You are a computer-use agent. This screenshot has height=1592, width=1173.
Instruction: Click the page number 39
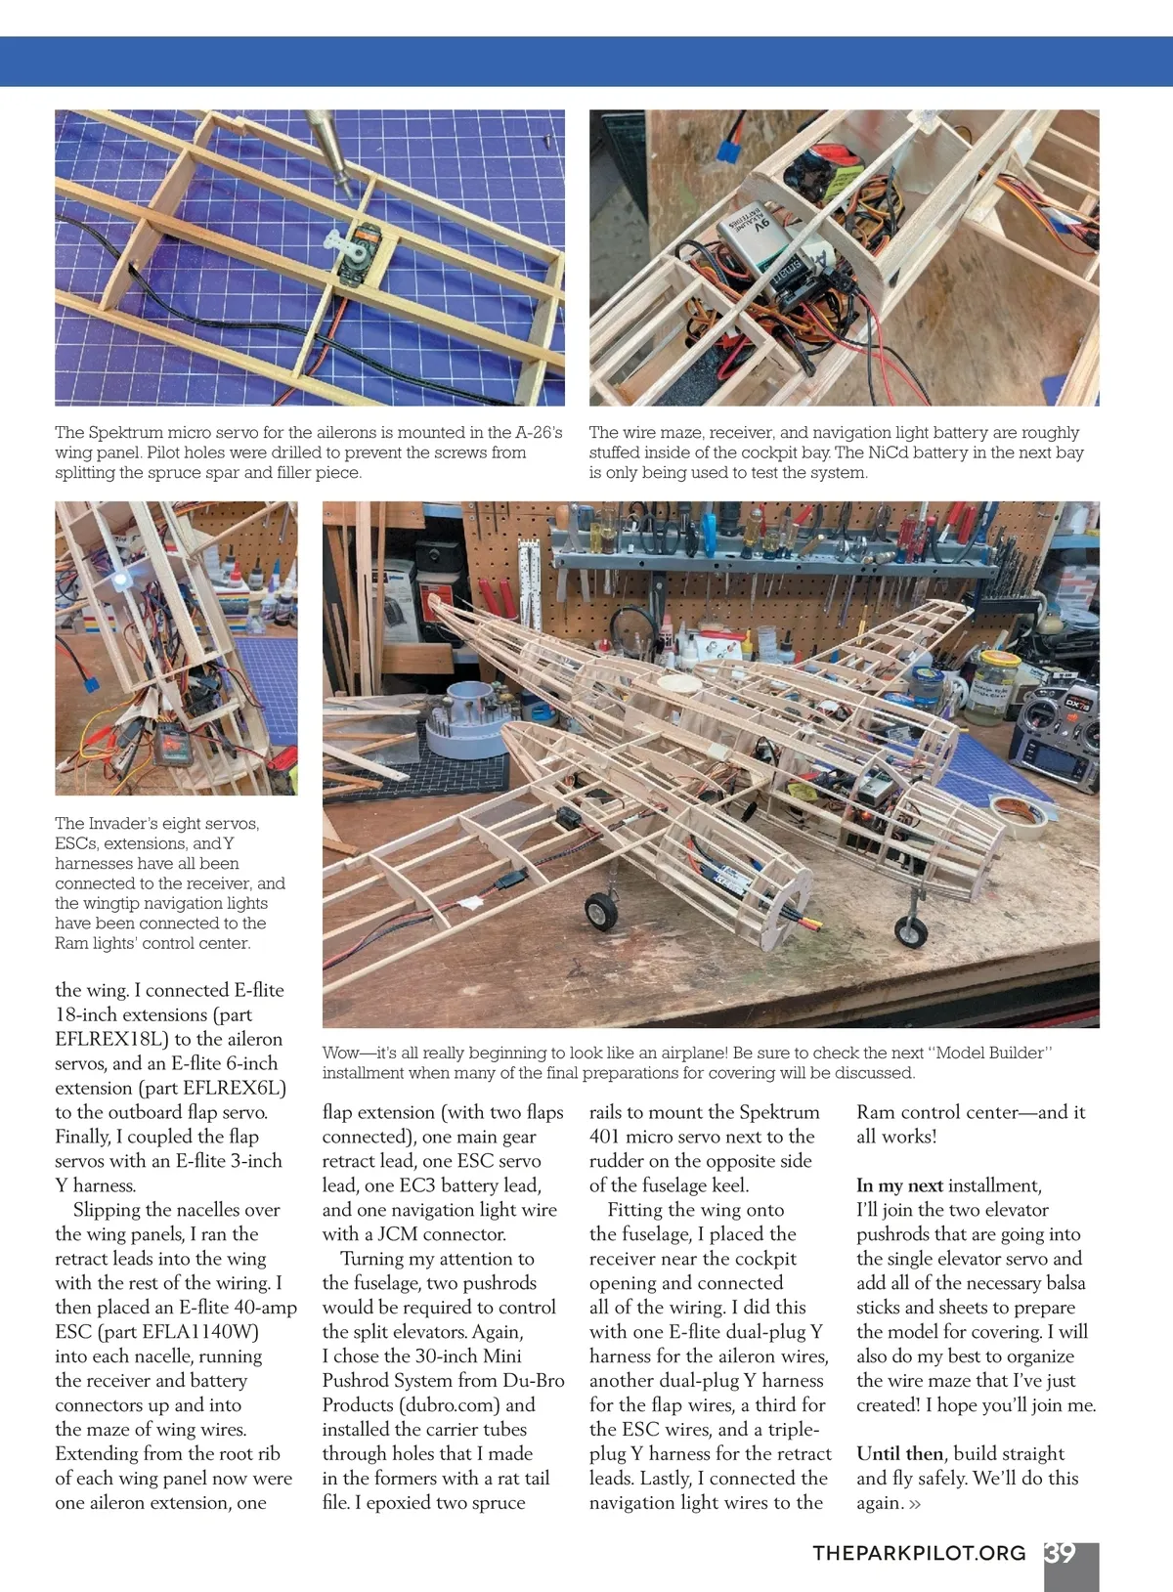coord(1061,1553)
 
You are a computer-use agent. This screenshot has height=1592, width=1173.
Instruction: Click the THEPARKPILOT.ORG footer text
coord(919,1553)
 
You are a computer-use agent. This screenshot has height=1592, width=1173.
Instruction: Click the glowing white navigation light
coord(121,580)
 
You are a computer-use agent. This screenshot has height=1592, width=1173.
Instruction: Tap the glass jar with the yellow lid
coord(987,688)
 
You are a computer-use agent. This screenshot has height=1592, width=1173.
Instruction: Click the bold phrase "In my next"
coord(899,1185)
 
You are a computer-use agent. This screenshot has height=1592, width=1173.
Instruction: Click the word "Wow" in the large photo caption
coord(341,1053)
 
